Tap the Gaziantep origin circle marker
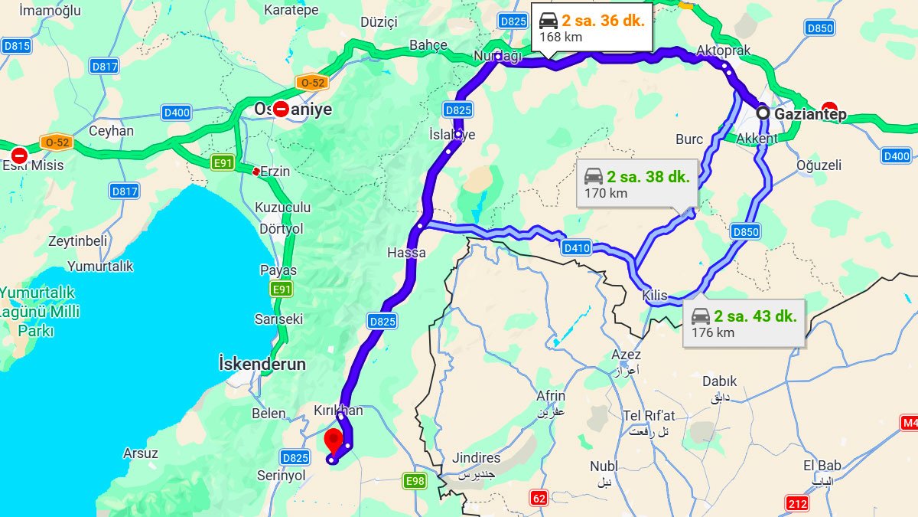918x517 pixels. [763, 113]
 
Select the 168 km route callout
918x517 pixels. [592, 28]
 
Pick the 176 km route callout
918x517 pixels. [744, 322]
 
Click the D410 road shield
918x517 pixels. [576, 247]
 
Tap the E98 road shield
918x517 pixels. [414, 481]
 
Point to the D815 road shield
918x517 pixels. [16, 46]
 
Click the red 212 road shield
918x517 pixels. [797, 503]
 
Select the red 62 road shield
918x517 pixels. [539, 499]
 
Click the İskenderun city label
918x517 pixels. [262, 364]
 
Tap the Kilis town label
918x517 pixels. [655, 296]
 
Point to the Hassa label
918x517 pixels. [406, 253]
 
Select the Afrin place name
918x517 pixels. [551, 396]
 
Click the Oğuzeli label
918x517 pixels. [819, 165]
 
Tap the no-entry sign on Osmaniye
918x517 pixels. [282, 109]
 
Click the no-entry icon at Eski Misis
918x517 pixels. [19, 155]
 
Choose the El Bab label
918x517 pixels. [822, 466]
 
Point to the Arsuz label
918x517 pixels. [141, 453]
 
